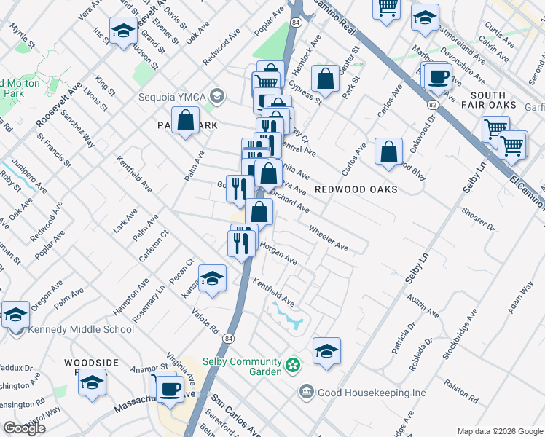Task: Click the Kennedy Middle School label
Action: pyautogui.click(x=81, y=329)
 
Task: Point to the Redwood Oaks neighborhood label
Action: pyautogui.click(x=356, y=189)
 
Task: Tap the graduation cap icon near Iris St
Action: pyautogui.click(x=123, y=31)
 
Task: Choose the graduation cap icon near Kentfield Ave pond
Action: pyautogui.click(x=327, y=351)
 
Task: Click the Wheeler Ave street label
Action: pyautogui.click(x=328, y=239)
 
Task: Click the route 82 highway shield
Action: pyautogui.click(x=434, y=106)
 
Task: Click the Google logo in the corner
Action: pyautogui.click(x=24, y=428)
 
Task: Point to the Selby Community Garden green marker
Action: pyautogui.click(x=292, y=363)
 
